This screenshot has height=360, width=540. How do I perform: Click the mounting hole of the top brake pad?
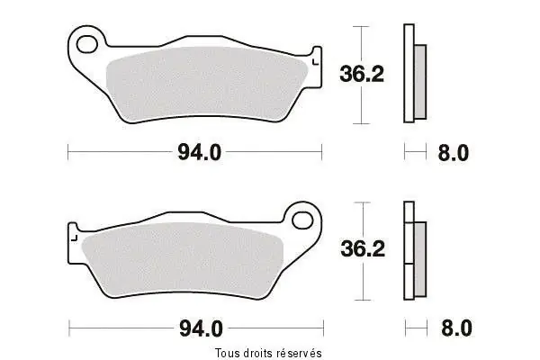point(86,44)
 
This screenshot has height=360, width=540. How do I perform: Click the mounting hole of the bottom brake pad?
point(302,220)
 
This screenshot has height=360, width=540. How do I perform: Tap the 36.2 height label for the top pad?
point(362,74)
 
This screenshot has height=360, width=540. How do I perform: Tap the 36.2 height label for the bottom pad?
point(363,248)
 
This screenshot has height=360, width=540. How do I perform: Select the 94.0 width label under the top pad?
point(200,152)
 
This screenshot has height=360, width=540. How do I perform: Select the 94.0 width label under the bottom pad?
point(201,328)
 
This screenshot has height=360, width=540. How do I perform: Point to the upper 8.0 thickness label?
point(454,153)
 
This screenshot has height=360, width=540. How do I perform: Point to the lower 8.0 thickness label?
point(456,328)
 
